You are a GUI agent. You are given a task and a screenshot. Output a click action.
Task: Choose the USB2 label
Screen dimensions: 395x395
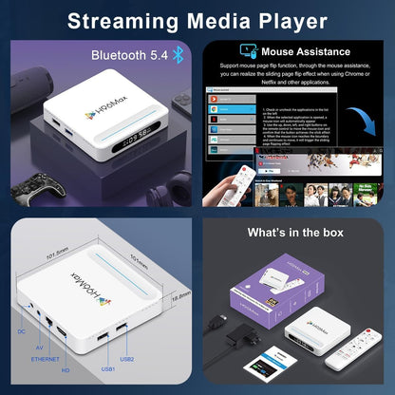point(126,359)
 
